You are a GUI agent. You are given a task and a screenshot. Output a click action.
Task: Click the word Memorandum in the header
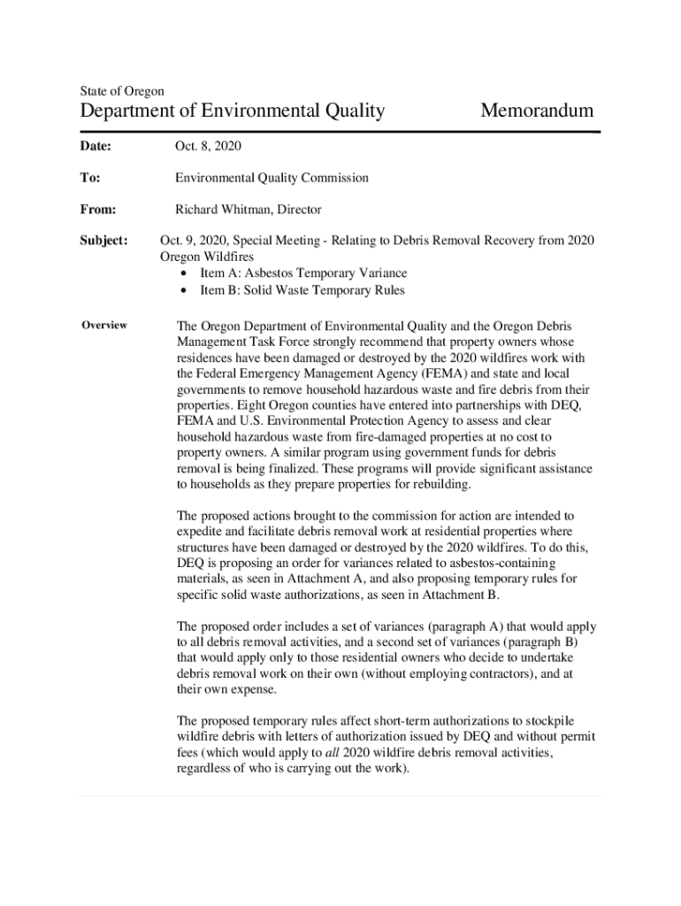pyautogui.click(x=536, y=111)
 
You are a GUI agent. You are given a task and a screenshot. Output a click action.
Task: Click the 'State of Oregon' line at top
pyautogui.click(x=121, y=90)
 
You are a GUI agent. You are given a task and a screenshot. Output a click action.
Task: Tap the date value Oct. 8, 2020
pyautogui.click(x=208, y=146)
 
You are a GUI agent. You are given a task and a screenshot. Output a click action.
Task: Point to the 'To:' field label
pyautogui.click(x=89, y=178)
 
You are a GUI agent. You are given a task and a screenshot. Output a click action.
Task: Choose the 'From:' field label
pyautogui.click(x=97, y=210)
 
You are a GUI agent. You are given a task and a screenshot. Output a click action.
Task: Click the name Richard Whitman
pyautogui.click(x=226, y=210)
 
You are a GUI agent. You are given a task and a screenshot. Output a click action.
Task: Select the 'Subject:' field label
pyautogui.click(x=104, y=241)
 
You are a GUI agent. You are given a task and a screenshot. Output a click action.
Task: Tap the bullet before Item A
pyautogui.click(x=183, y=273)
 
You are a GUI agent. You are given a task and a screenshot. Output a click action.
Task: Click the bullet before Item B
pyautogui.click(x=183, y=290)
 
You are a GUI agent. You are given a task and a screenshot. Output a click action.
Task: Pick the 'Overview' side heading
pyautogui.click(x=104, y=325)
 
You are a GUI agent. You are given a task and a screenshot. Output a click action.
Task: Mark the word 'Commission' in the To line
pyautogui.click(x=338, y=178)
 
